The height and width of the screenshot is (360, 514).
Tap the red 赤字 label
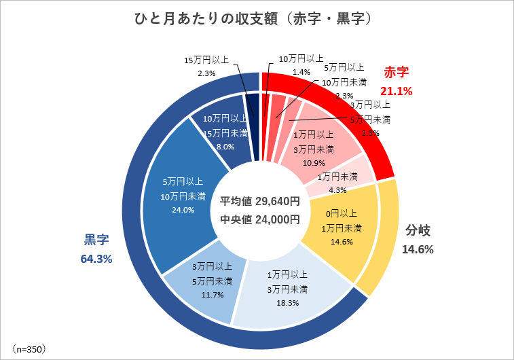pos(399,73)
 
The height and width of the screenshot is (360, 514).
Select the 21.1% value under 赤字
pos(397,90)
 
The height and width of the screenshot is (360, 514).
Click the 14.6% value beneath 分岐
pos(418,249)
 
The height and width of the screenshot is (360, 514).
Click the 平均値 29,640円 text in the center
pos(260,201)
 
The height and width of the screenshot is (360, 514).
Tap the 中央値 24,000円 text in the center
pos(260,219)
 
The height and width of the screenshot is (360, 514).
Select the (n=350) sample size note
pos(29,348)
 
